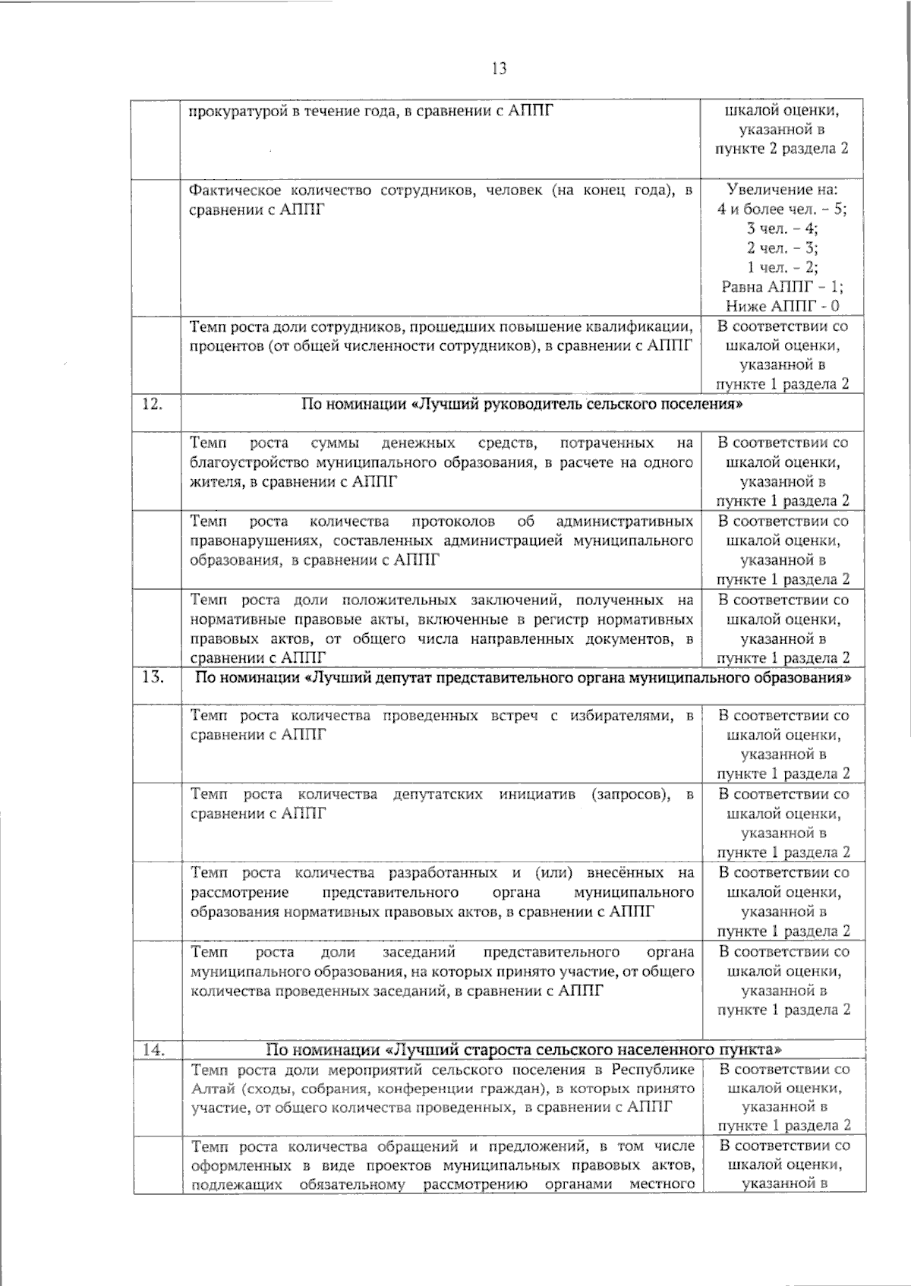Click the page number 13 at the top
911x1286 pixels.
[x=499, y=69]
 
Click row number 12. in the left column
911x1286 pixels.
[x=153, y=404]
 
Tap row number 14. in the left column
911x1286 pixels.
[x=154, y=1050]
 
